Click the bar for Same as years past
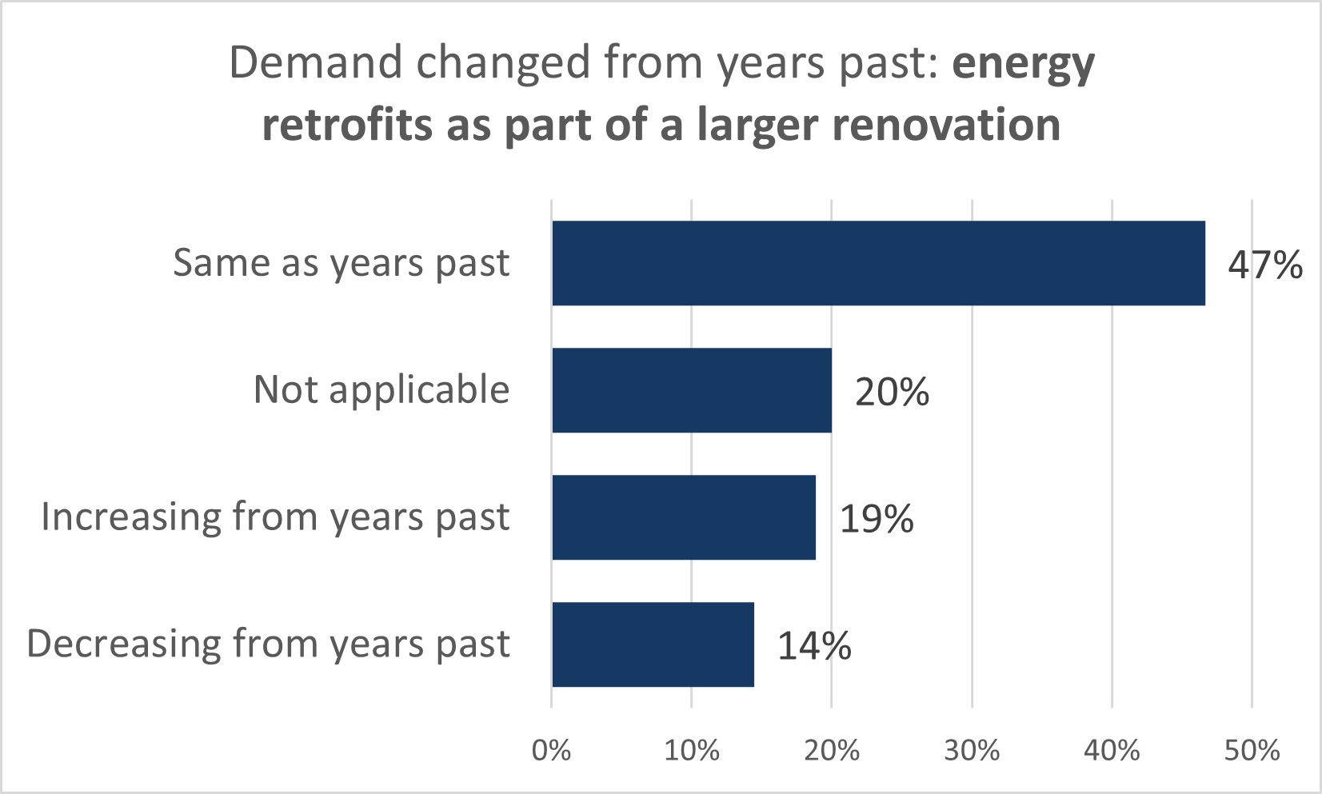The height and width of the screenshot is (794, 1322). [878, 263]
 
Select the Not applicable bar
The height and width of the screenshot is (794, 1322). [692, 390]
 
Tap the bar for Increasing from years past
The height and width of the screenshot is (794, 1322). [684, 517]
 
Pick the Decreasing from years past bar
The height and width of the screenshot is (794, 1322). [653, 644]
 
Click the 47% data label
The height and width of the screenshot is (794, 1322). [1265, 265]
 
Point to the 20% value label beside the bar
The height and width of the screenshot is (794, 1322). [892, 392]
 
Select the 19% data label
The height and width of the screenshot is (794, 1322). [877, 519]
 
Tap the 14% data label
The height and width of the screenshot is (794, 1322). [814, 646]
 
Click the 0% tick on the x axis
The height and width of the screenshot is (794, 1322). [552, 750]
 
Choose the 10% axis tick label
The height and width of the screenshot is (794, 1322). [692, 750]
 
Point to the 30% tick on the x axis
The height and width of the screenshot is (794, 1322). [972, 750]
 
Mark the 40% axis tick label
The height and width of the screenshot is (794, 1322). [1112, 750]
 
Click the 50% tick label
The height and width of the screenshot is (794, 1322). [1252, 750]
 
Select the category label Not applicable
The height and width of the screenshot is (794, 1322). [381, 390]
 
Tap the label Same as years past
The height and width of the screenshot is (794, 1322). [341, 263]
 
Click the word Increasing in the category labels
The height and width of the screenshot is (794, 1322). [131, 517]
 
